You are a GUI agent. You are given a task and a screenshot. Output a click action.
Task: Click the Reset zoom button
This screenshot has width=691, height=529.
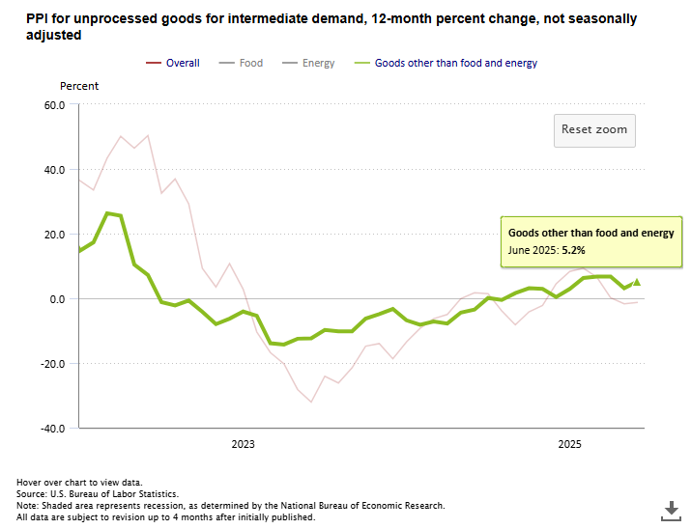(x=594, y=129)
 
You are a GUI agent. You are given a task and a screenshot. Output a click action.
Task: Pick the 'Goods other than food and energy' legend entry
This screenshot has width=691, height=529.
(x=455, y=63)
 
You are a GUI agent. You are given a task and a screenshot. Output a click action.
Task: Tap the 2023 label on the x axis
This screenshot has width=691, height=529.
(x=243, y=444)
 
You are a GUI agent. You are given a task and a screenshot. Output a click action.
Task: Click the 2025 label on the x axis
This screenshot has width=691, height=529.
(x=570, y=444)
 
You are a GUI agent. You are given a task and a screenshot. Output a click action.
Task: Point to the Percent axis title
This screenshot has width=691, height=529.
(x=79, y=86)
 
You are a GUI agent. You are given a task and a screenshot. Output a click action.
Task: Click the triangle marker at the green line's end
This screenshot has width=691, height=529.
(x=636, y=282)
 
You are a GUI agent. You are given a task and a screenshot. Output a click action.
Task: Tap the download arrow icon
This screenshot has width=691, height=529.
(x=671, y=509)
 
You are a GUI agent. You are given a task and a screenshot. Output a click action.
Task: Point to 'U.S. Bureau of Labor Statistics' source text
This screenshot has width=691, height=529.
(x=117, y=493)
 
